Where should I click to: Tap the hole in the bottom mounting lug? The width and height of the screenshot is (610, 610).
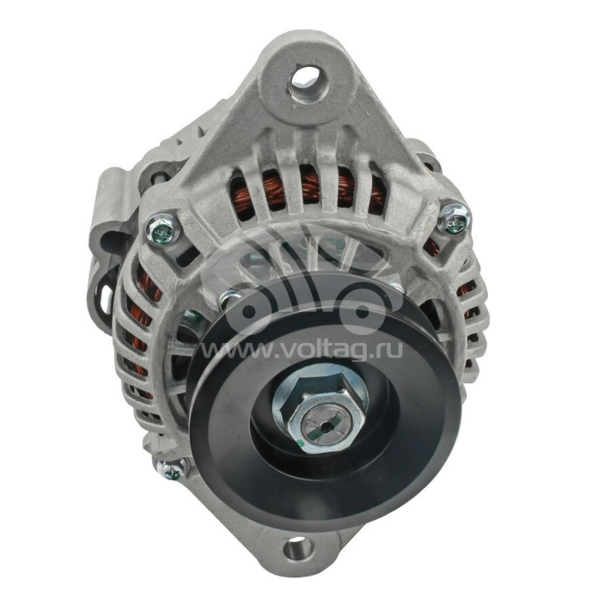(298, 549)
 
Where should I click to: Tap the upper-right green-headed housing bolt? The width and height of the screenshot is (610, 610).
(454, 220)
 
